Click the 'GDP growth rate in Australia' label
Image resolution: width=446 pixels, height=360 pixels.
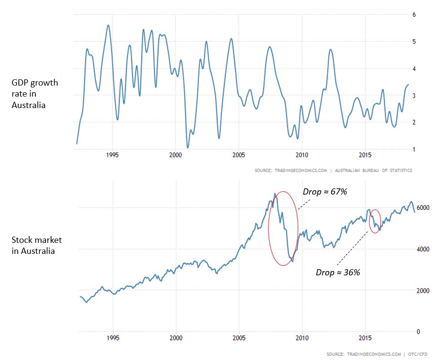click(x=34, y=94)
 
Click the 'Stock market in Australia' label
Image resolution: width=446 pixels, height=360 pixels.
click(x=36, y=245)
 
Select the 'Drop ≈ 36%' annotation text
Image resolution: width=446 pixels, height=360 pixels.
click(x=337, y=272)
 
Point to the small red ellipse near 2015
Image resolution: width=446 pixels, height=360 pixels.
click(x=375, y=221)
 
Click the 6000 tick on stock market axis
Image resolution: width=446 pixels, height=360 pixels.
click(x=423, y=208)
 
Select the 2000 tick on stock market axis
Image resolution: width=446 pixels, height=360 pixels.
click(x=423, y=291)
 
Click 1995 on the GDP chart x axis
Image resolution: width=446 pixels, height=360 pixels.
click(x=112, y=155)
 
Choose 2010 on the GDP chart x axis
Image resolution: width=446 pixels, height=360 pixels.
click(x=301, y=155)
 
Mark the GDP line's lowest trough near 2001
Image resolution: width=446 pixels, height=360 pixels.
click(x=187, y=147)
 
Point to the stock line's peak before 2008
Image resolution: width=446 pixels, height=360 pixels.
click(x=274, y=194)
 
